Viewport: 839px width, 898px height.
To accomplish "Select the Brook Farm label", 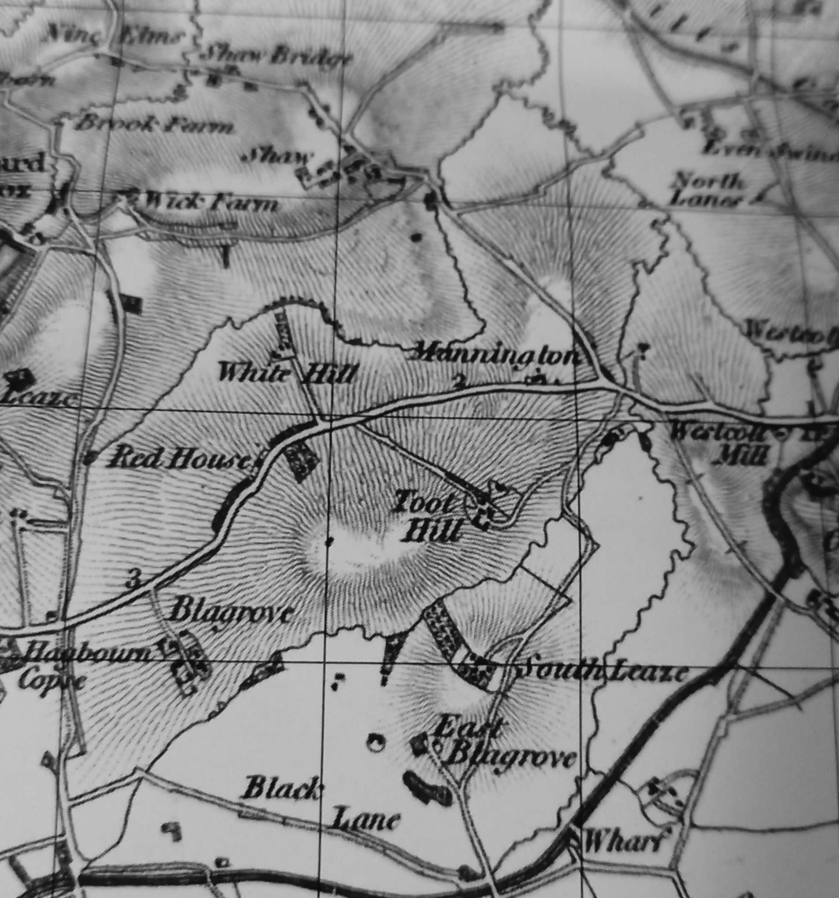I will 154,124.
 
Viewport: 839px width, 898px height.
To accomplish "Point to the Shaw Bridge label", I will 276,56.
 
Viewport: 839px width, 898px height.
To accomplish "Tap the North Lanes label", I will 707,191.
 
